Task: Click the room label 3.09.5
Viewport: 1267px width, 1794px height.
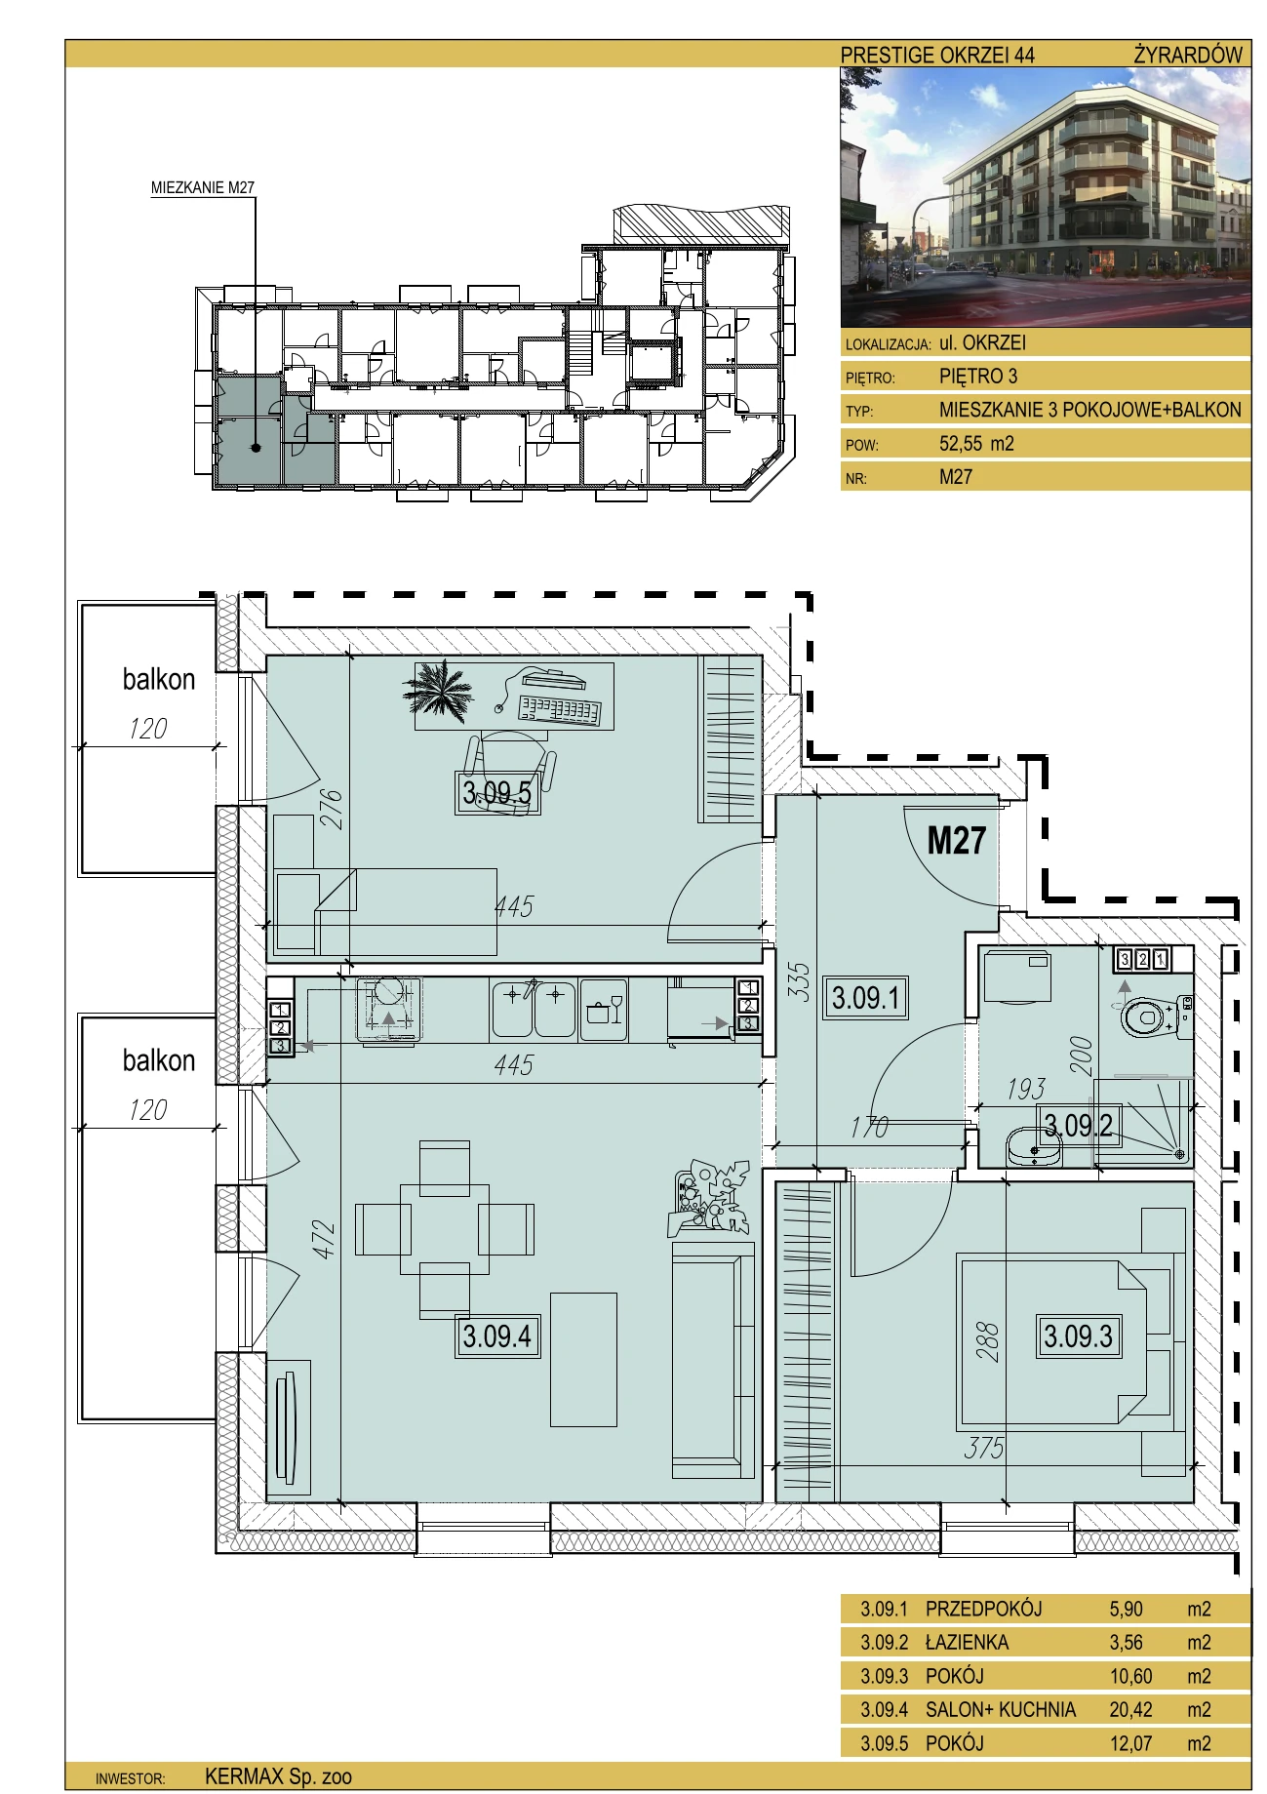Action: tap(497, 792)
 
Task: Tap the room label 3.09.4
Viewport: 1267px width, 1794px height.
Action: tap(497, 1336)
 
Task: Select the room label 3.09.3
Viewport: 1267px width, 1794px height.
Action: tap(1078, 1336)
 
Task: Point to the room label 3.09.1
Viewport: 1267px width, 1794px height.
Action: tap(866, 998)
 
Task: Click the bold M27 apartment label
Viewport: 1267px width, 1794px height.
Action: tap(956, 840)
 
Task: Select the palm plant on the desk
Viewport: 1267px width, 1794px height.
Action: tap(438, 690)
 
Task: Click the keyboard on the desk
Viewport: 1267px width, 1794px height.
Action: tap(560, 711)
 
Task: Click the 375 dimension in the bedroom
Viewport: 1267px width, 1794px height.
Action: tap(983, 1449)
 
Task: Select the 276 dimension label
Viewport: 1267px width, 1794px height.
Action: tap(332, 809)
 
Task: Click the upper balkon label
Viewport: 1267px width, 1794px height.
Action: tap(158, 679)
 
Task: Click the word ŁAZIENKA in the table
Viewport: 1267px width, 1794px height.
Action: tap(967, 1642)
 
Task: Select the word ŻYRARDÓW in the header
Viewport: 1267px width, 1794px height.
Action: tap(1188, 55)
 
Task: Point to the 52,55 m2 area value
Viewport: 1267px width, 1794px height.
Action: tap(976, 444)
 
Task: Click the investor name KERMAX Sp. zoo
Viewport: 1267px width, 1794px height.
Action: tap(278, 1776)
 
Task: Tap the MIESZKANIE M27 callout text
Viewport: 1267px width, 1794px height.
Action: tap(203, 188)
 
